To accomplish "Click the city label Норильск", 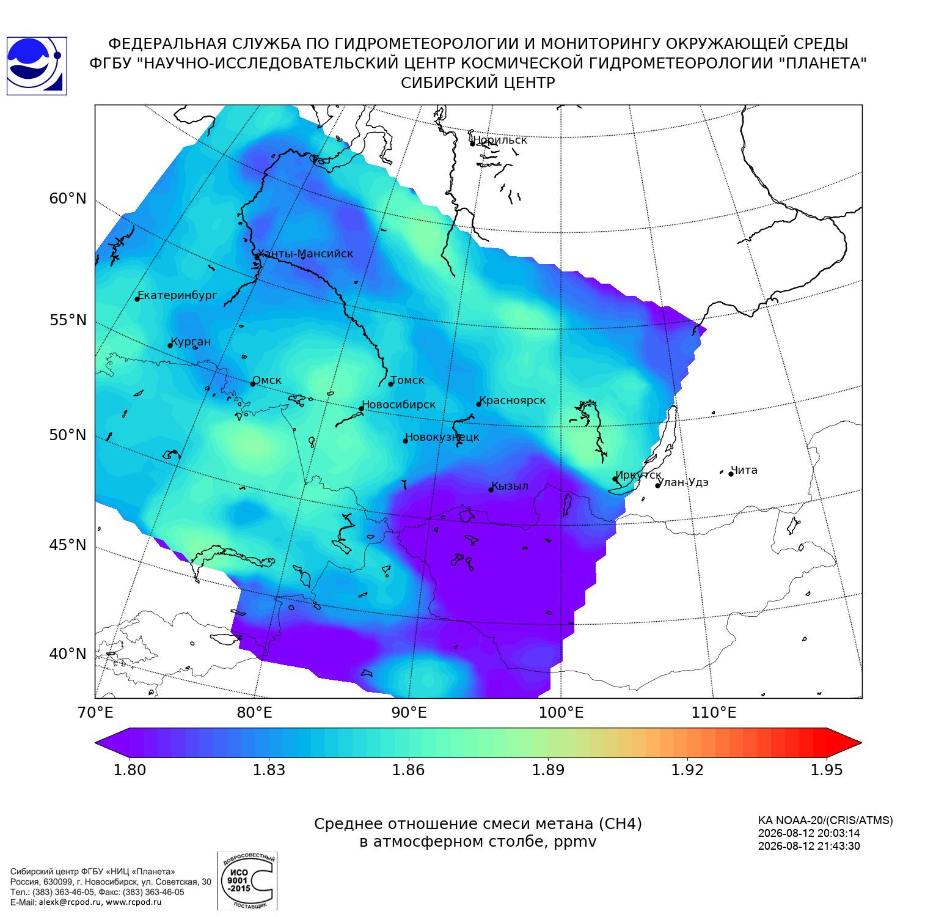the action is (x=500, y=140).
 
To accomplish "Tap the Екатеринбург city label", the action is (x=178, y=295).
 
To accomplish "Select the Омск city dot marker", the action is (x=252, y=384).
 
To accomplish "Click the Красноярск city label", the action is (x=513, y=400).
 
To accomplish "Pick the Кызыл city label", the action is (x=510, y=486).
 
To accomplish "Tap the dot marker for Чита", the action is (x=731, y=474).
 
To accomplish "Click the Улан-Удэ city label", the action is (x=684, y=482).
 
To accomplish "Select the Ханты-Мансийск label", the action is (x=305, y=254).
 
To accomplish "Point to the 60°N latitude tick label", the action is (x=68, y=199).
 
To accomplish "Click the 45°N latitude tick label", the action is (x=68, y=545).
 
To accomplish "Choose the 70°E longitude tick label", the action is (x=95, y=712).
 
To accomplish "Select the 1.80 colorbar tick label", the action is (x=130, y=770).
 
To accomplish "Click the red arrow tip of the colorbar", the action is (x=860, y=743).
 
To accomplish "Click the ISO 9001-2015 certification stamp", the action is (x=247, y=880).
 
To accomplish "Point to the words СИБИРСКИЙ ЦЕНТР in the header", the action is (x=478, y=83).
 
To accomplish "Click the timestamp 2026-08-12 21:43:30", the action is (x=809, y=846).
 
